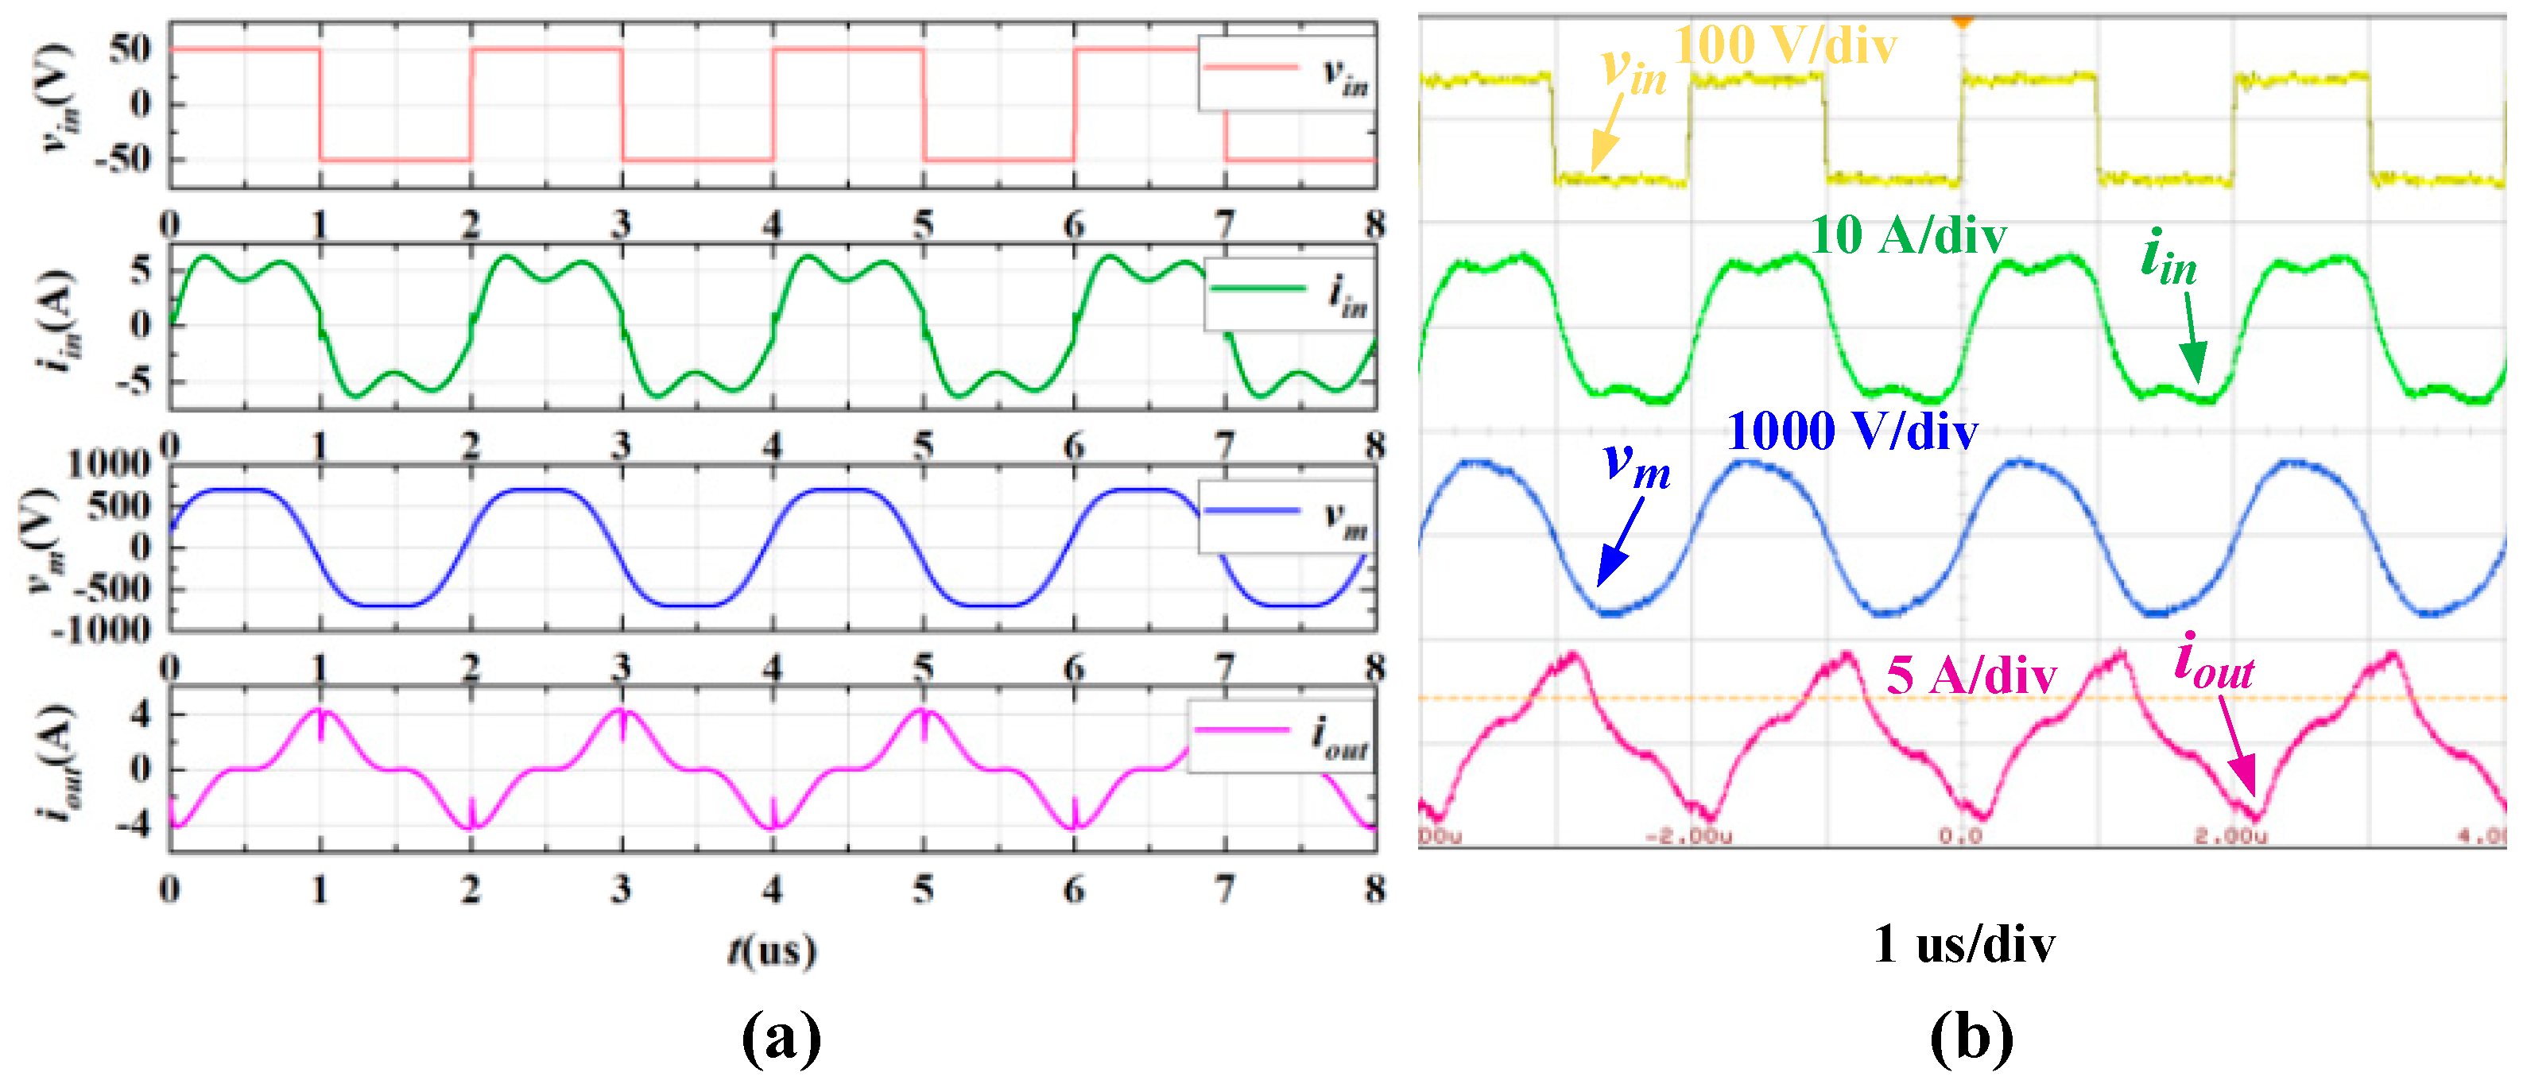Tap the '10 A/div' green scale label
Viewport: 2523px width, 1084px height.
pos(1907,235)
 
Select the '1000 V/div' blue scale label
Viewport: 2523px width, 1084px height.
pos(1851,431)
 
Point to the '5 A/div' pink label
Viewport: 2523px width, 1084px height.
pos(1971,675)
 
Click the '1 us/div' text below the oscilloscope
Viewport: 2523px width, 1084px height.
pos(1963,945)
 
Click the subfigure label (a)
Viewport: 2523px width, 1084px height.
pos(781,1037)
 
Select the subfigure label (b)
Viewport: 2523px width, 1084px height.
pos(1971,1037)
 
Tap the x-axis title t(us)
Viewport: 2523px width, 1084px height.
pos(772,950)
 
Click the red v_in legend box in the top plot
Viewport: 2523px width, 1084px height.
pos(1286,73)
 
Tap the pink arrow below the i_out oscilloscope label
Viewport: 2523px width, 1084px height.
pos(2237,744)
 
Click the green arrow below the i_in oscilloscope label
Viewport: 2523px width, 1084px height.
pos(2192,338)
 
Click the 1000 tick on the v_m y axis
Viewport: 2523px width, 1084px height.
pos(108,463)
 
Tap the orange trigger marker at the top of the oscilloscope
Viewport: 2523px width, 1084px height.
pos(1962,20)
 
